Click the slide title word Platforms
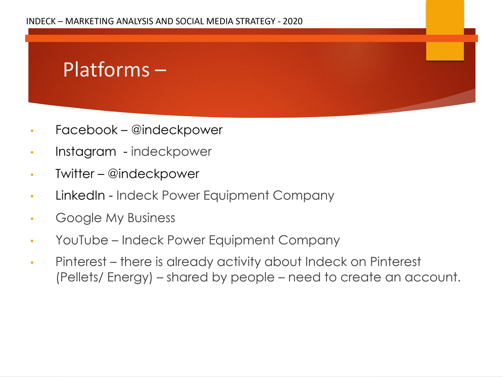click(x=106, y=70)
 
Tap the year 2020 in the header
click(x=293, y=21)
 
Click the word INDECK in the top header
click(x=41, y=21)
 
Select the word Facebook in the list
click(x=86, y=130)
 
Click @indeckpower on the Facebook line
click(x=177, y=130)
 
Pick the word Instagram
click(x=86, y=152)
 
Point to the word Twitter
click(x=75, y=174)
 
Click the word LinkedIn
click(x=80, y=196)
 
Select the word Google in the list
click(x=79, y=218)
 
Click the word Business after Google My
click(x=151, y=218)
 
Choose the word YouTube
click(x=82, y=240)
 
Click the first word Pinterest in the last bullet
click(x=81, y=262)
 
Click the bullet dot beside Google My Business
click(x=32, y=219)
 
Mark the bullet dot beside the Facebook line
click(x=32, y=131)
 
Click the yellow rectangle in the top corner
click(x=445, y=30)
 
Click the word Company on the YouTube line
click(x=309, y=241)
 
